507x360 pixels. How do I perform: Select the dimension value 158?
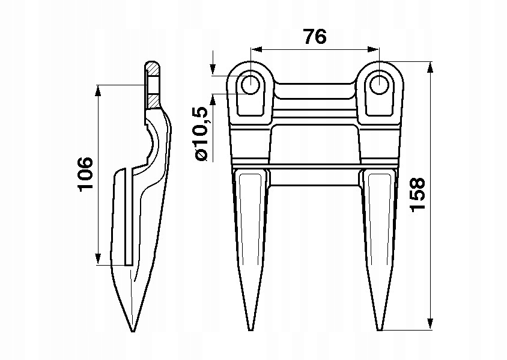click(418, 194)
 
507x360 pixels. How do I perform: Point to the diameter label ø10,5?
click(201, 133)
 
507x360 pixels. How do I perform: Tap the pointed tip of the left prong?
click(250, 329)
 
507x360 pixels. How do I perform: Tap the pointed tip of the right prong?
click(380, 329)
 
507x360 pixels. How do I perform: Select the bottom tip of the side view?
click(132, 330)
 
